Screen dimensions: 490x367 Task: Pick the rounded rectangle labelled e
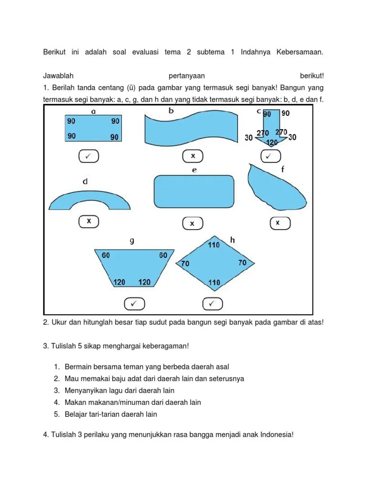(x=194, y=191)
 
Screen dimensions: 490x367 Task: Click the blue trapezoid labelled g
(x=133, y=268)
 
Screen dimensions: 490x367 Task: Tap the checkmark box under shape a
(x=87, y=156)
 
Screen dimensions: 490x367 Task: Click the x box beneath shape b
(x=193, y=156)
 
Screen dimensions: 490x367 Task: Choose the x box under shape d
(x=89, y=222)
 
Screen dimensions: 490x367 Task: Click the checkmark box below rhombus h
(x=213, y=303)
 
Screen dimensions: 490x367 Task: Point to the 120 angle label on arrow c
(x=272, y=143)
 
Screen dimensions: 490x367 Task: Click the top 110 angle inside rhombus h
(x=214, y=245)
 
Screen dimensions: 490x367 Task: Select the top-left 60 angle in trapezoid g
(x=105, y=256)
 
